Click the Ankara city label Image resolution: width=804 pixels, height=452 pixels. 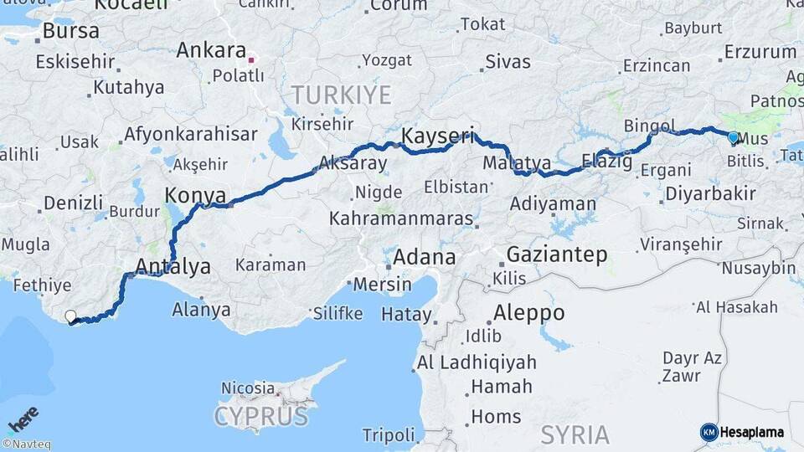(x=211, y=51)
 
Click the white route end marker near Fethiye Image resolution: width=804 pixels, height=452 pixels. (x=70, y=316)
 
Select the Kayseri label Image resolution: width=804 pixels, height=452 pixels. (x=438, y=135)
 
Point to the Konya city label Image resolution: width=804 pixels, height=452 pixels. (x=196, y=196)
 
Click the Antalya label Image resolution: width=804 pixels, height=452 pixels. (x=173, y=267)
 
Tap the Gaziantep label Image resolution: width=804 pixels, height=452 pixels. (x=557, y=255)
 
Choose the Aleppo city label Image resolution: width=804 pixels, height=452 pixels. (x=528, y=313)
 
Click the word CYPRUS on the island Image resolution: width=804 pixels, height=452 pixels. (x=260, y=416)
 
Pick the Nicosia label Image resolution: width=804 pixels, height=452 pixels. (x=247, y=388)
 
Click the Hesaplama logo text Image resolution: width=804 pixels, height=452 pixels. (x=751, y=432)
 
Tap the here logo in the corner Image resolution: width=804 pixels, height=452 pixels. (x=23, y=419)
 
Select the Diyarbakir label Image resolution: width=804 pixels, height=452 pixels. (x=710, y=194)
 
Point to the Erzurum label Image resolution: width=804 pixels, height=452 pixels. (x=760, y=52)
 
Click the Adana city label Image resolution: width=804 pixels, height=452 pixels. (x=424, y=256)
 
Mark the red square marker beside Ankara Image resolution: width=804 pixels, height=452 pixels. (x=250, y=60)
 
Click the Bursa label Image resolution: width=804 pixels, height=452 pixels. (x=70, y=31)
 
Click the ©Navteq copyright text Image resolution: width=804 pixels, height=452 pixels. (x=26, y=444)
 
